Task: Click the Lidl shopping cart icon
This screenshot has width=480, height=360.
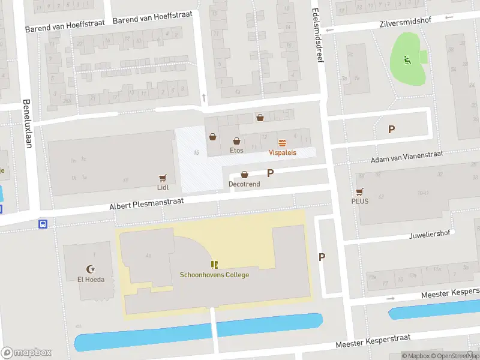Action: click(x=162, y=178)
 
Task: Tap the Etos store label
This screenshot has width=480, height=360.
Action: click(x=236, y=150)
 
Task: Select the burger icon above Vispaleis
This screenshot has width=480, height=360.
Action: click(x=282, y=142)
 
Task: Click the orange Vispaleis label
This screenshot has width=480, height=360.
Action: click(x=282, y=152)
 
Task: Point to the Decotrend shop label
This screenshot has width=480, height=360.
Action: click(x=244, y=184)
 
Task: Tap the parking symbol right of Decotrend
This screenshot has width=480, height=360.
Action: click(x=270, y=173)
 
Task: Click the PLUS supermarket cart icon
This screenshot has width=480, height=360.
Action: click(x=359, y=191)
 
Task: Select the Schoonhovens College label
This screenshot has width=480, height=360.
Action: click(x=214, y=275)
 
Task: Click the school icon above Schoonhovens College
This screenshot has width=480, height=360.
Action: click(x=214, y=265)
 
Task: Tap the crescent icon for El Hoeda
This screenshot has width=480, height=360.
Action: click(x=91, y=269)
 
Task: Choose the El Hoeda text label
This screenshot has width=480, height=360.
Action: click(x=91, y=280)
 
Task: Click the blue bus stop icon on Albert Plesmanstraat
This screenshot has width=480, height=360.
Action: click(x=43, y=224)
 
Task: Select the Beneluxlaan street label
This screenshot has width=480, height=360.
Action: click(x=27, y=123)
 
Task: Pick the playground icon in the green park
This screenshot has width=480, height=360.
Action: click(x=406, y=59)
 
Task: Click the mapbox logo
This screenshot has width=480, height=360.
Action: click(x=26, y=353)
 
